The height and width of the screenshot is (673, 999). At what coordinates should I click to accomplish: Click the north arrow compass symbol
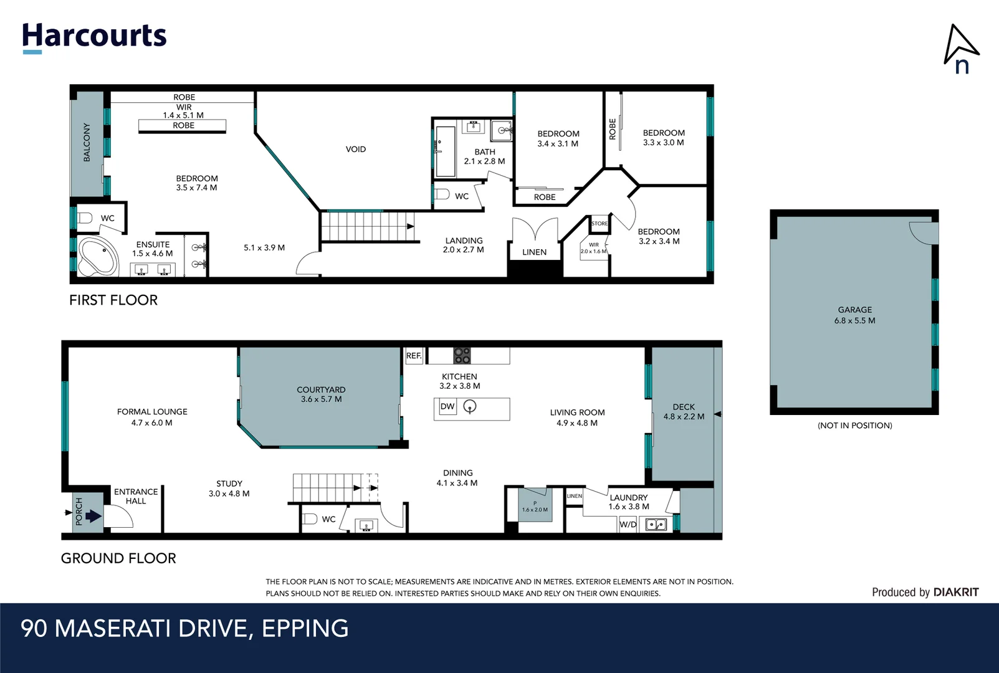pyautogui.click(x=960, y=49)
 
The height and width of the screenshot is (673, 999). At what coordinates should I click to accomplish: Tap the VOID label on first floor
pyautogui.click(x=356, y=149)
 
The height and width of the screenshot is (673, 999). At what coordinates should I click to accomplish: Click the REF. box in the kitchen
pyautogui.click(x=414, y=356)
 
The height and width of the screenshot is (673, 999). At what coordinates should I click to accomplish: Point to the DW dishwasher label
pyautogui.click(x=447, y=406)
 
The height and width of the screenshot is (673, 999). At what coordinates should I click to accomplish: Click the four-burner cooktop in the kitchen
pyautogui.click(x=462, y=356)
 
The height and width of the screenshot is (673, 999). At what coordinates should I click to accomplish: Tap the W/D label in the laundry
pyautogui.click(x=628, y=525)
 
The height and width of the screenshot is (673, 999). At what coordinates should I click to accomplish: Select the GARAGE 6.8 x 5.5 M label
pyautogui.click(x=854, y=315)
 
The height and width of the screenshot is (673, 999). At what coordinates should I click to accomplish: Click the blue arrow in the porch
pyautogui.click(x=93, y=516)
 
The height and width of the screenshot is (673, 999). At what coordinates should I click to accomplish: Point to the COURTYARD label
pyautogui.click(x=321, y=394)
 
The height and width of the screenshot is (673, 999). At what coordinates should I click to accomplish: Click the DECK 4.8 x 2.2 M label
pyautogui.click(x=684, y=411)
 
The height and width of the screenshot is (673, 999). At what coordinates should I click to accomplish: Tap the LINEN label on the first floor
pyautogui.click(x=534, y=252)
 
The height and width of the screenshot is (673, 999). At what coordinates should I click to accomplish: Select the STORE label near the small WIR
pyautogui.click(x=600, y=223)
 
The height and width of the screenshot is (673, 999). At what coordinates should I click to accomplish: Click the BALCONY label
pyautogui.click(x=87, y=143)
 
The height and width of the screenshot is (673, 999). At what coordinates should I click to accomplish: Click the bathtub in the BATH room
pyautogui.click(x=445, y=151)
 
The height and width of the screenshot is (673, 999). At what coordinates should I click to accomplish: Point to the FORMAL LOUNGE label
pyautogui.click(x=152, y=417)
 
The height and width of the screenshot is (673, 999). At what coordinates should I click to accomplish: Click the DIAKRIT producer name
pyautogui.click(x=956, y=592)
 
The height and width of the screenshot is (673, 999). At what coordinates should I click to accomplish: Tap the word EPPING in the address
pyautogui.click(x=305, y=628)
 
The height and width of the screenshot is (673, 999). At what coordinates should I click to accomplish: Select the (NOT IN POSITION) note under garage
pyautogui.click(x=854, y=426)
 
